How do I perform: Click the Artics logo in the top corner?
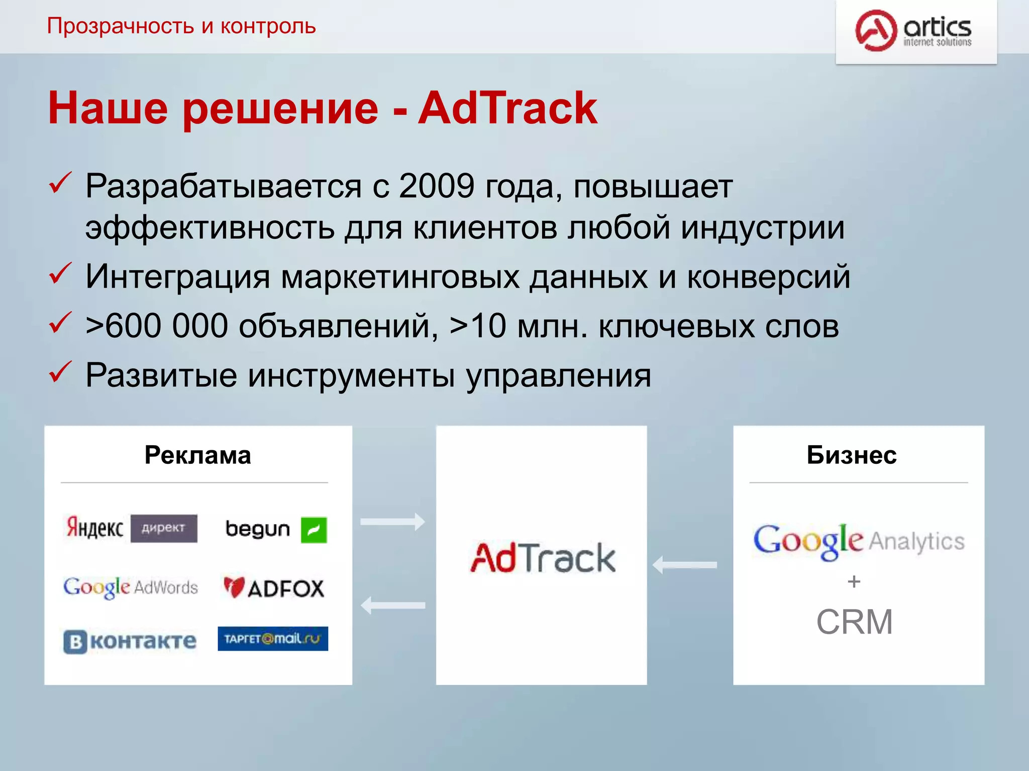[x=914, y=31]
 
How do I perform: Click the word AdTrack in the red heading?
[x=507, y=108]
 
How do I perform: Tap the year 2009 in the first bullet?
[x=436, y=186]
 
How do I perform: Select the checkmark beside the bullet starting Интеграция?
[x=60, y=274]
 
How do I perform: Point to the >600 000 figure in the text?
[x=156, y=326]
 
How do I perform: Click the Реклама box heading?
[x=197, y=455]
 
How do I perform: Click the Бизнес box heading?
[x=852, y=455]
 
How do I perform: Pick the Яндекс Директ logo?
[x=132, y=528]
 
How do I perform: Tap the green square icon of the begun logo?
[x=314, y=530]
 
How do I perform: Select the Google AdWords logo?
[x=131, y=587]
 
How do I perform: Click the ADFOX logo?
[x=274, y=588]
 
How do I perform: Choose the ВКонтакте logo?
[x=130, y=641]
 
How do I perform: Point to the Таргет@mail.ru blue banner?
[x=273, y=638]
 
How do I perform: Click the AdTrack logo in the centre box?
[x=543, y=558]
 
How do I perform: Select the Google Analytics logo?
[x=859, y=541]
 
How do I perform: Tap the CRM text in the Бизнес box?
[x=854, y=622]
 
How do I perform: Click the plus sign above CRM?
[x=854, y=582]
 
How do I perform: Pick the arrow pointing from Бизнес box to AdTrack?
[x=685, y=565]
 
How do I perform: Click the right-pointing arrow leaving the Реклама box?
[x=392, y=522]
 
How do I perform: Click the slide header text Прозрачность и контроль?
[x=181, y=26]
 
